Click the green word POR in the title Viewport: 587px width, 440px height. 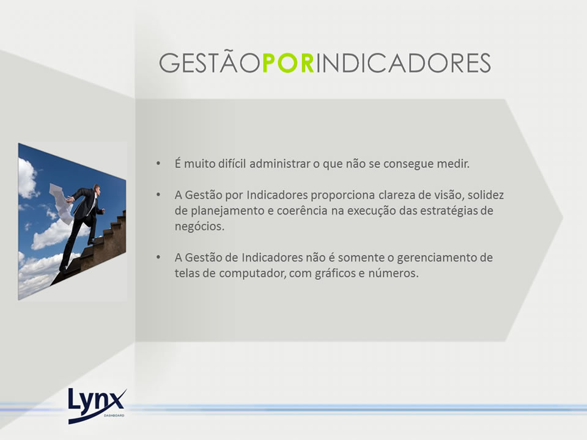[289, 62]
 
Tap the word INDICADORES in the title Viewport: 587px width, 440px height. [404, 62]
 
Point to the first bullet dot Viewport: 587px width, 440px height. [158, 164]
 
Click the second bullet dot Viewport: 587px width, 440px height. [158, 195]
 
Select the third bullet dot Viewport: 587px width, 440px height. [158, 257]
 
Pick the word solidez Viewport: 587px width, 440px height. [485, 195]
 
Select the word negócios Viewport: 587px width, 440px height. [199, 227]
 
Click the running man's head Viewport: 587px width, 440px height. [97, 189]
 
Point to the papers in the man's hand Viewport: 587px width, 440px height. [61, 203]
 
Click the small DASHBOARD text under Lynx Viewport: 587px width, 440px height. [114, 416]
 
